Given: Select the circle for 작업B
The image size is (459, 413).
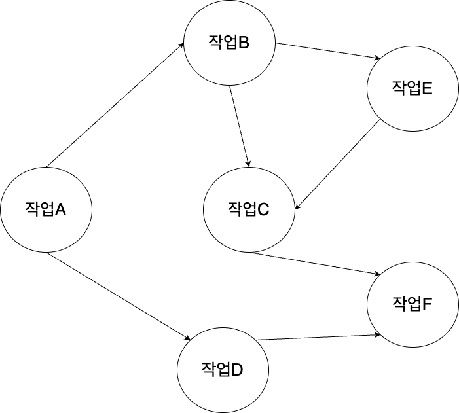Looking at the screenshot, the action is click(x=229, y=44).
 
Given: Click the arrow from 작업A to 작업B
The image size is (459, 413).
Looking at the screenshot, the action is click(x=115, y=105).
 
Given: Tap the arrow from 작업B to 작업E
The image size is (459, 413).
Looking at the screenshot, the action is click(x=327, y=52).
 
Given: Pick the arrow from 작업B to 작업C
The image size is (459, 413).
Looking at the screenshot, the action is click(x=240, y=124).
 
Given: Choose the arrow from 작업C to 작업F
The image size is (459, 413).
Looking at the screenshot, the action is click(x=311, y=263).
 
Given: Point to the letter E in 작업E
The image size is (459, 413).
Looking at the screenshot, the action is click(x=428, y=89).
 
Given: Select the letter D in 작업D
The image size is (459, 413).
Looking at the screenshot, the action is click(x=237, y=369).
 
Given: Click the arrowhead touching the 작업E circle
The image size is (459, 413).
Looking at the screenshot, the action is click(x=376, y=60).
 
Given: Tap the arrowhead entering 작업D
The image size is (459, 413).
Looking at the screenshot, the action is click(x=187, y=338).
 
